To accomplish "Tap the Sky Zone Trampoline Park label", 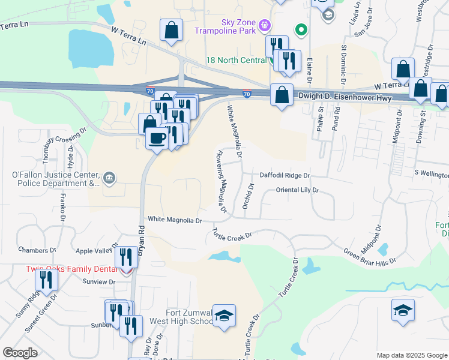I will (229, 26).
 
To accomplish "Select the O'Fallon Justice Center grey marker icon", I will (109, 177).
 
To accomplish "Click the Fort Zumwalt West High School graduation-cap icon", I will (224, 316).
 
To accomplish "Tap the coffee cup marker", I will (157, 139).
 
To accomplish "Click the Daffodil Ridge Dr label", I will (284, 176).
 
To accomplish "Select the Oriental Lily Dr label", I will (297, 190).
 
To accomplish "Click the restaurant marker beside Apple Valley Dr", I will (125, 257).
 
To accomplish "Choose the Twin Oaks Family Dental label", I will (70, 269).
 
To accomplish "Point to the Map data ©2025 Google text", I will (411, 355).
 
